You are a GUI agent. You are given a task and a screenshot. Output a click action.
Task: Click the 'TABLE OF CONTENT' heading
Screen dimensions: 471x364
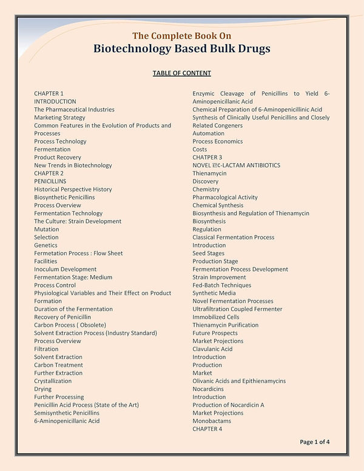tap(182, 73)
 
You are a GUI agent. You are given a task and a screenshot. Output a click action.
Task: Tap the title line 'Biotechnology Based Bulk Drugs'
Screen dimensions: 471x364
tap(182, 48)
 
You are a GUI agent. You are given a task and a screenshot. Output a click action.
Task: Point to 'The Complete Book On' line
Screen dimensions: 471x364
tap(182, 35)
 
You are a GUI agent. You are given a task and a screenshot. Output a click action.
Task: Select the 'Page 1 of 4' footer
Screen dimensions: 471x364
tap(315, 442)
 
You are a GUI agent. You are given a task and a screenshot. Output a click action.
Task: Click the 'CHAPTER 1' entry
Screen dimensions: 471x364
tap(49, 93)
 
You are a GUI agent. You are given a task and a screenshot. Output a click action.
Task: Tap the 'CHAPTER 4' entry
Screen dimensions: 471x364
tap(207, 429)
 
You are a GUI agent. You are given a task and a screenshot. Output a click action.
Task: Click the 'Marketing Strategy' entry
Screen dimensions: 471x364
tap(59, 118)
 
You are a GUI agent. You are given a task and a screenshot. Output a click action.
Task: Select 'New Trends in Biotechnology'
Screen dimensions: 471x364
tap(73, 165)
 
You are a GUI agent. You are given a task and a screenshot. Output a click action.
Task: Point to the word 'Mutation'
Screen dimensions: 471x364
tap(47, 229)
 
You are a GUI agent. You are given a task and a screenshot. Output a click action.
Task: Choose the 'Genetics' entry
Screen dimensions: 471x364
tap(46, 245)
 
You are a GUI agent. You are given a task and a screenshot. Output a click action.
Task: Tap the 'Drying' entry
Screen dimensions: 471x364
tap(42, 389)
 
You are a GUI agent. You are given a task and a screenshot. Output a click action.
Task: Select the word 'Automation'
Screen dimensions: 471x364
tap(208, 133)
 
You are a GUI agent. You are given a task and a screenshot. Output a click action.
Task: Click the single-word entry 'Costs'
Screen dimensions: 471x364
tap(200, 149)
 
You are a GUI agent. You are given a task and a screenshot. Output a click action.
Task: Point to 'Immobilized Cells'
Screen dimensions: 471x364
tap(216, 317)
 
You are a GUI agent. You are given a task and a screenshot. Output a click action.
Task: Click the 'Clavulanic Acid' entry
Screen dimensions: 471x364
tap(212, 349)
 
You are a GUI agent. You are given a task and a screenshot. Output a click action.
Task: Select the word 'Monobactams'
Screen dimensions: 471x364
tap(212, 421)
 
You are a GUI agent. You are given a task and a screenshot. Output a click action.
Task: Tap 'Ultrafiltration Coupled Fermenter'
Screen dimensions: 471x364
tap(237, 309)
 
